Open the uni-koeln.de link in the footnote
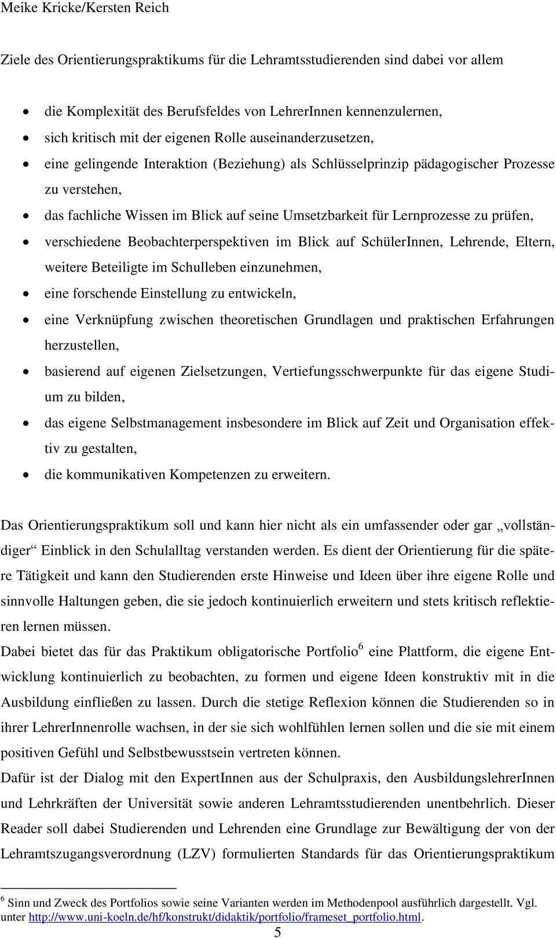click(225, 917)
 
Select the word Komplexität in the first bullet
click(104, 112)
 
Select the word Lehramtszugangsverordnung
click(81, 854)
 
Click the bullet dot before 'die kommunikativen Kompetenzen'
click(26, 475)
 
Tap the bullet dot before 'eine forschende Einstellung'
click(26, 294)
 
